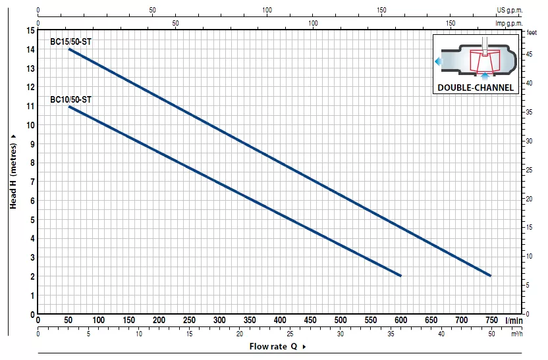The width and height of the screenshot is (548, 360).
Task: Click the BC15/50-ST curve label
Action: tap(70, 41)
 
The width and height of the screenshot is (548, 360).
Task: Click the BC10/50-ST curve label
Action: tap(70, 99)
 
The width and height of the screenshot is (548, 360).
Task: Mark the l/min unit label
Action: tap(514, 320)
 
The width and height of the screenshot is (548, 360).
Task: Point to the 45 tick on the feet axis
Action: tap(530, 55)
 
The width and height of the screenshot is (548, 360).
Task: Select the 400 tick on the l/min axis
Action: tap(280, 320)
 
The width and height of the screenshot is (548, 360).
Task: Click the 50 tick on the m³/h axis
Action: tap(491, 334)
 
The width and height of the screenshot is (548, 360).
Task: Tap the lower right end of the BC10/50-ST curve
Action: tap(400, 276)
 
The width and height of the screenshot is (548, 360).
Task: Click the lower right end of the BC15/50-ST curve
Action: tap(491, 276)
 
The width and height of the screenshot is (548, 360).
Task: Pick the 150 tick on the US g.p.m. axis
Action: tap(382, 11)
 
